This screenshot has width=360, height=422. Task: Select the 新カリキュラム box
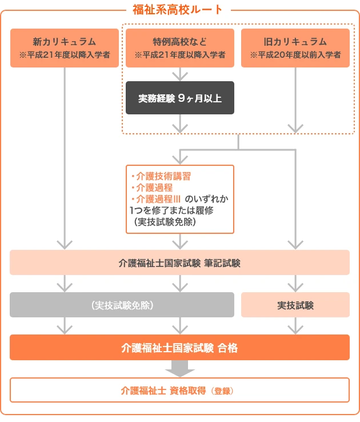coord(65,48)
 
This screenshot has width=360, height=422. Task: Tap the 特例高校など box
coord(180,48)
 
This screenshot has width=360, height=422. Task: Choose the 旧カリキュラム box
coord(295,48)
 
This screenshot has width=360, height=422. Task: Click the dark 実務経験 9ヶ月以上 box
coord(180,98)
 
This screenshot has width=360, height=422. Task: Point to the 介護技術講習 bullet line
coord(162,177)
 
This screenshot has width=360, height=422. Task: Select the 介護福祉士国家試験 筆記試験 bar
coord(179,263)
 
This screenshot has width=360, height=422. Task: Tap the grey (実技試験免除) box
coord(122,305)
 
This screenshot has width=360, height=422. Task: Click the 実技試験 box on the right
coord(295,305)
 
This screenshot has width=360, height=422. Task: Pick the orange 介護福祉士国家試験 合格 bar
coord(179,347)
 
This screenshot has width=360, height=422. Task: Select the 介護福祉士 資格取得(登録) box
coord(179,391)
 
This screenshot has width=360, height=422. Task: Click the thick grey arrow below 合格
coord(180,369)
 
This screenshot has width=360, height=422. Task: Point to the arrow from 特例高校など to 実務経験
coord(180,74)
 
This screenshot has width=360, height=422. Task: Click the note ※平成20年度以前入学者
coord(295,55)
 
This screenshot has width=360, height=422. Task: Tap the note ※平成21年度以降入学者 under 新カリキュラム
coord(65,55)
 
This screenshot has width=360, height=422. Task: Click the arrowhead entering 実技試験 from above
coord(295,286)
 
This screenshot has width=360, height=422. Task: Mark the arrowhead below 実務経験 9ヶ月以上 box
coord(180,127)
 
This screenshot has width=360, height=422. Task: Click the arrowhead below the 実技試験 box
coord(295,329)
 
